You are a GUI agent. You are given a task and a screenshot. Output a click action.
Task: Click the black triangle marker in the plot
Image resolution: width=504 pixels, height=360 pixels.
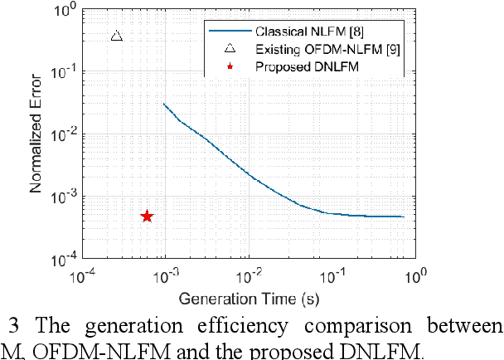[117, 36]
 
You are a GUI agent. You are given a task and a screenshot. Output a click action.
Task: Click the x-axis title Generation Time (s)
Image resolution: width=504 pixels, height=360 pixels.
[249, 297]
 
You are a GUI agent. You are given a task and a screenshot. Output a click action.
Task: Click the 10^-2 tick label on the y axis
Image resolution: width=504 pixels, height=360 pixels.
[64, 134]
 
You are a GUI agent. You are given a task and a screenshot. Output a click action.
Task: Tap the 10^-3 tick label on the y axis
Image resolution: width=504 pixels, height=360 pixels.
[64, 197]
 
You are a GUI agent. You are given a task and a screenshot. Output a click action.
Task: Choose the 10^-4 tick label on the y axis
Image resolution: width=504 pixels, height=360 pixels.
[64, 260]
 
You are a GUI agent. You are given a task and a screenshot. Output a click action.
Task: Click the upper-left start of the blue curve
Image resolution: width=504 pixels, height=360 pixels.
[164, 105]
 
